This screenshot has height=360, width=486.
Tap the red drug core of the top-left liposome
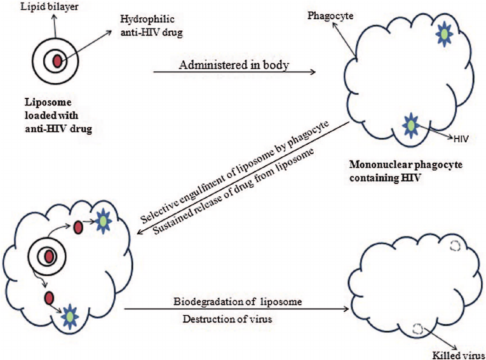57,61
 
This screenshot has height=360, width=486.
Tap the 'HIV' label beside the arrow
462,137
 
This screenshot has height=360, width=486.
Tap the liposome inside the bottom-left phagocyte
46,257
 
